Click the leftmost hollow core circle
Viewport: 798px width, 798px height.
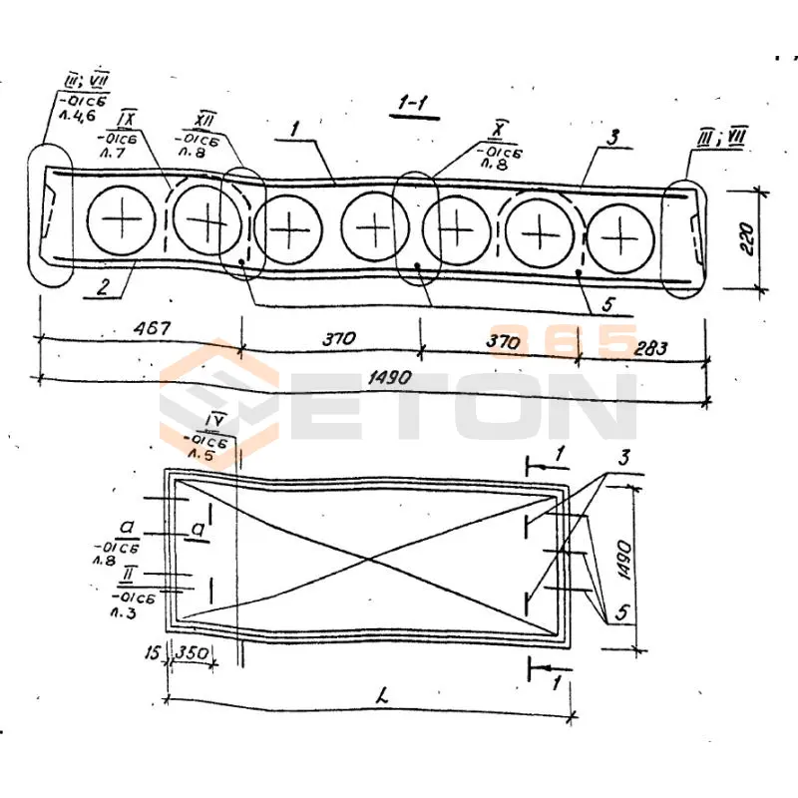pyautogui.click(x=122, y=218)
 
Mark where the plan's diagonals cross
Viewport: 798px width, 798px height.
pyautogui.click(x=371, y=557)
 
